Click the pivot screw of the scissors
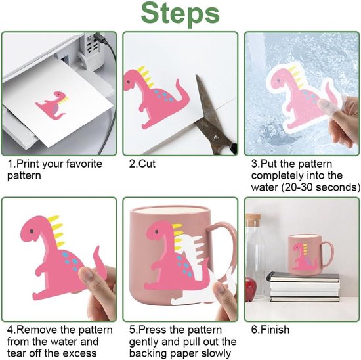point(216,137)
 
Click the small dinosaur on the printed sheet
point(53,105)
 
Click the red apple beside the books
point(251,288)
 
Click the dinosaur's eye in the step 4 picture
point(32,231)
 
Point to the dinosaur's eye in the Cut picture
point(128,81)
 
